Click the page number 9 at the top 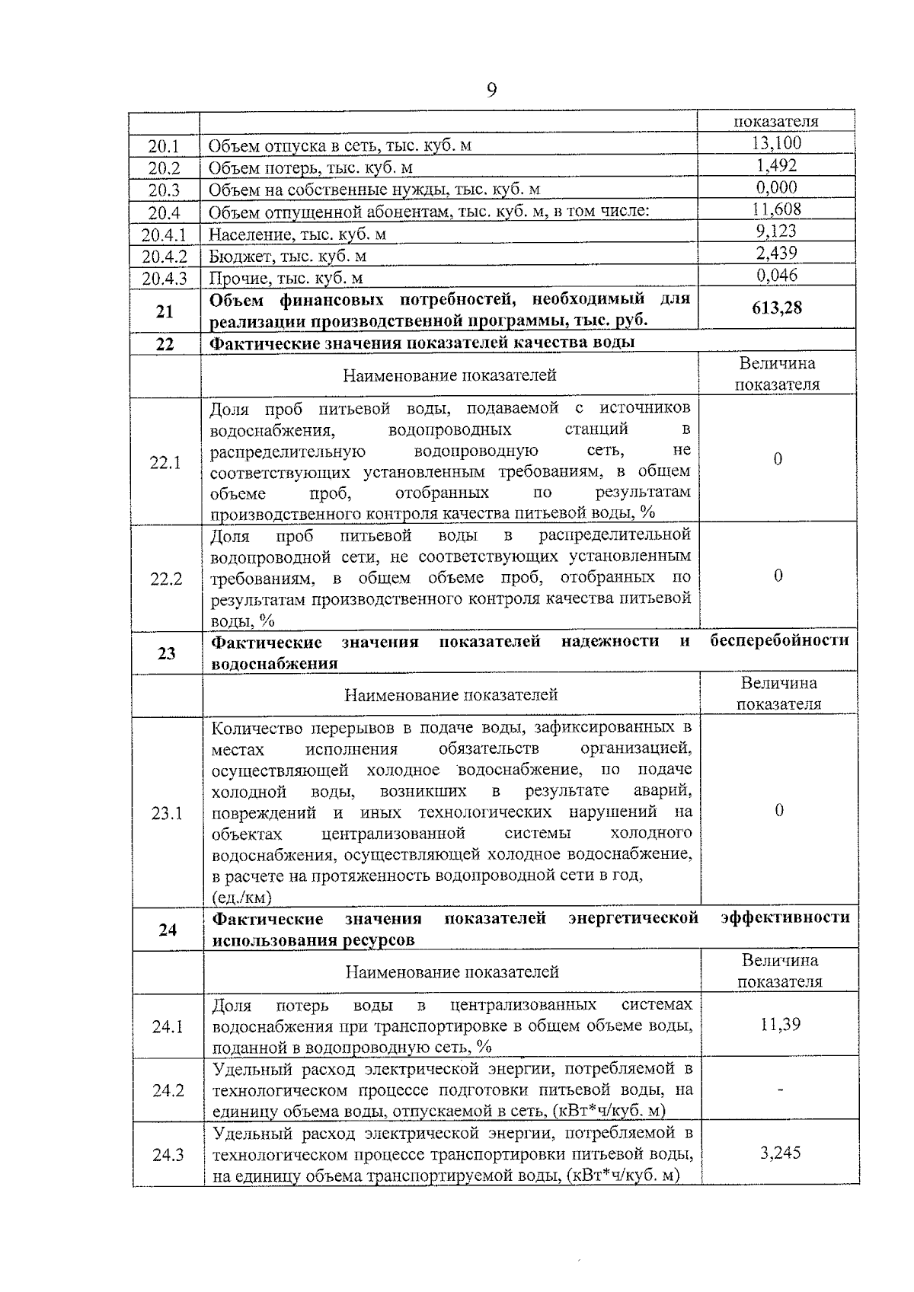coord(491,91)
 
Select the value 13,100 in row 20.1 coord(776,143)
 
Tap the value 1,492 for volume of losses coord(776,165)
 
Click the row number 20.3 coord(164,190)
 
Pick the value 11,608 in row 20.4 coord(776,209)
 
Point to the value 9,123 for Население coord(776,231)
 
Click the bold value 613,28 coord(776,308)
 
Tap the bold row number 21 coord(165,311)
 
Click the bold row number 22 coord(165,344)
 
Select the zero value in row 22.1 coord(778,459)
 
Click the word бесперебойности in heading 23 coord(779,641)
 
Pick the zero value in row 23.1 coord(778,811)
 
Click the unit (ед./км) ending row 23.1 coord(241,898)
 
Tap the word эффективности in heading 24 coord(785,917)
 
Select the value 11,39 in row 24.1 coord(780,1024)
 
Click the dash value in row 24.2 coord(780,1091)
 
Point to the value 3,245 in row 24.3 coord(780,1153)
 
